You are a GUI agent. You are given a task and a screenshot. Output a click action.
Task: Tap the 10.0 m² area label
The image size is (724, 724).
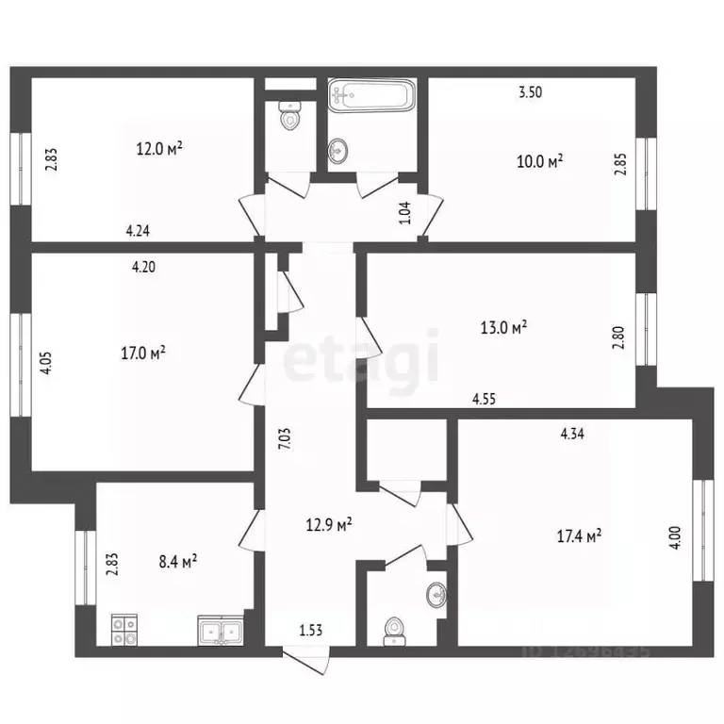541,161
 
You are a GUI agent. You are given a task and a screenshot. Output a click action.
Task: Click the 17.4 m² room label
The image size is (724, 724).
580,536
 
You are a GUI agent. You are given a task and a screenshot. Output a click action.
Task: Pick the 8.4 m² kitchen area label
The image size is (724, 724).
176,562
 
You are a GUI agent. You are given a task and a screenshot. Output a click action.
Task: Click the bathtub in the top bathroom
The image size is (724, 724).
370,96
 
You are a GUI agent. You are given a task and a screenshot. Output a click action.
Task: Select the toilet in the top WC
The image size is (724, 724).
290,118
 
